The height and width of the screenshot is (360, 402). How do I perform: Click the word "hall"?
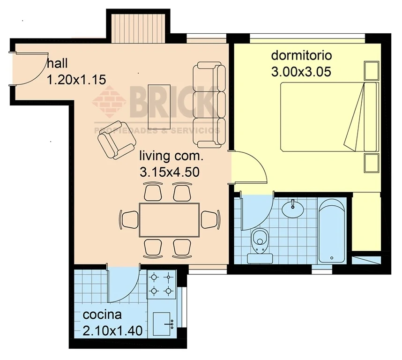57,63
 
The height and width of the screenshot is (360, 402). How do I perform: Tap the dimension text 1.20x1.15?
76,80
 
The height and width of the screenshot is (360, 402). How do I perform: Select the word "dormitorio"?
302,55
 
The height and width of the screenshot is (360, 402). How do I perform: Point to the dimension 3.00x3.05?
301,72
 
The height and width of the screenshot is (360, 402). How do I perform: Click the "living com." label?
171,156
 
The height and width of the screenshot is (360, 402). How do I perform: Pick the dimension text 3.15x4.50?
170,172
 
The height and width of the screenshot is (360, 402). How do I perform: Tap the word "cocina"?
102,315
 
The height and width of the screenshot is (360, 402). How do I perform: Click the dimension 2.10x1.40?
112,331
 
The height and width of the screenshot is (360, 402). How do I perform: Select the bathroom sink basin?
293,209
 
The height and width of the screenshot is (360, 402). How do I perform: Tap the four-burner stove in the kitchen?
161,284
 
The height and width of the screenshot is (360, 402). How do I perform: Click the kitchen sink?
162,324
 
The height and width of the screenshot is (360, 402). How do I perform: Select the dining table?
169,220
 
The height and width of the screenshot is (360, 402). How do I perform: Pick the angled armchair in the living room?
117,140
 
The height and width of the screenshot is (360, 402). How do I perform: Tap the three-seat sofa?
209,105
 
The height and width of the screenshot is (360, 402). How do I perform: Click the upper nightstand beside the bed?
372,71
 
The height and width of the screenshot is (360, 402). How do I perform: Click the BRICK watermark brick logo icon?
109,102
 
